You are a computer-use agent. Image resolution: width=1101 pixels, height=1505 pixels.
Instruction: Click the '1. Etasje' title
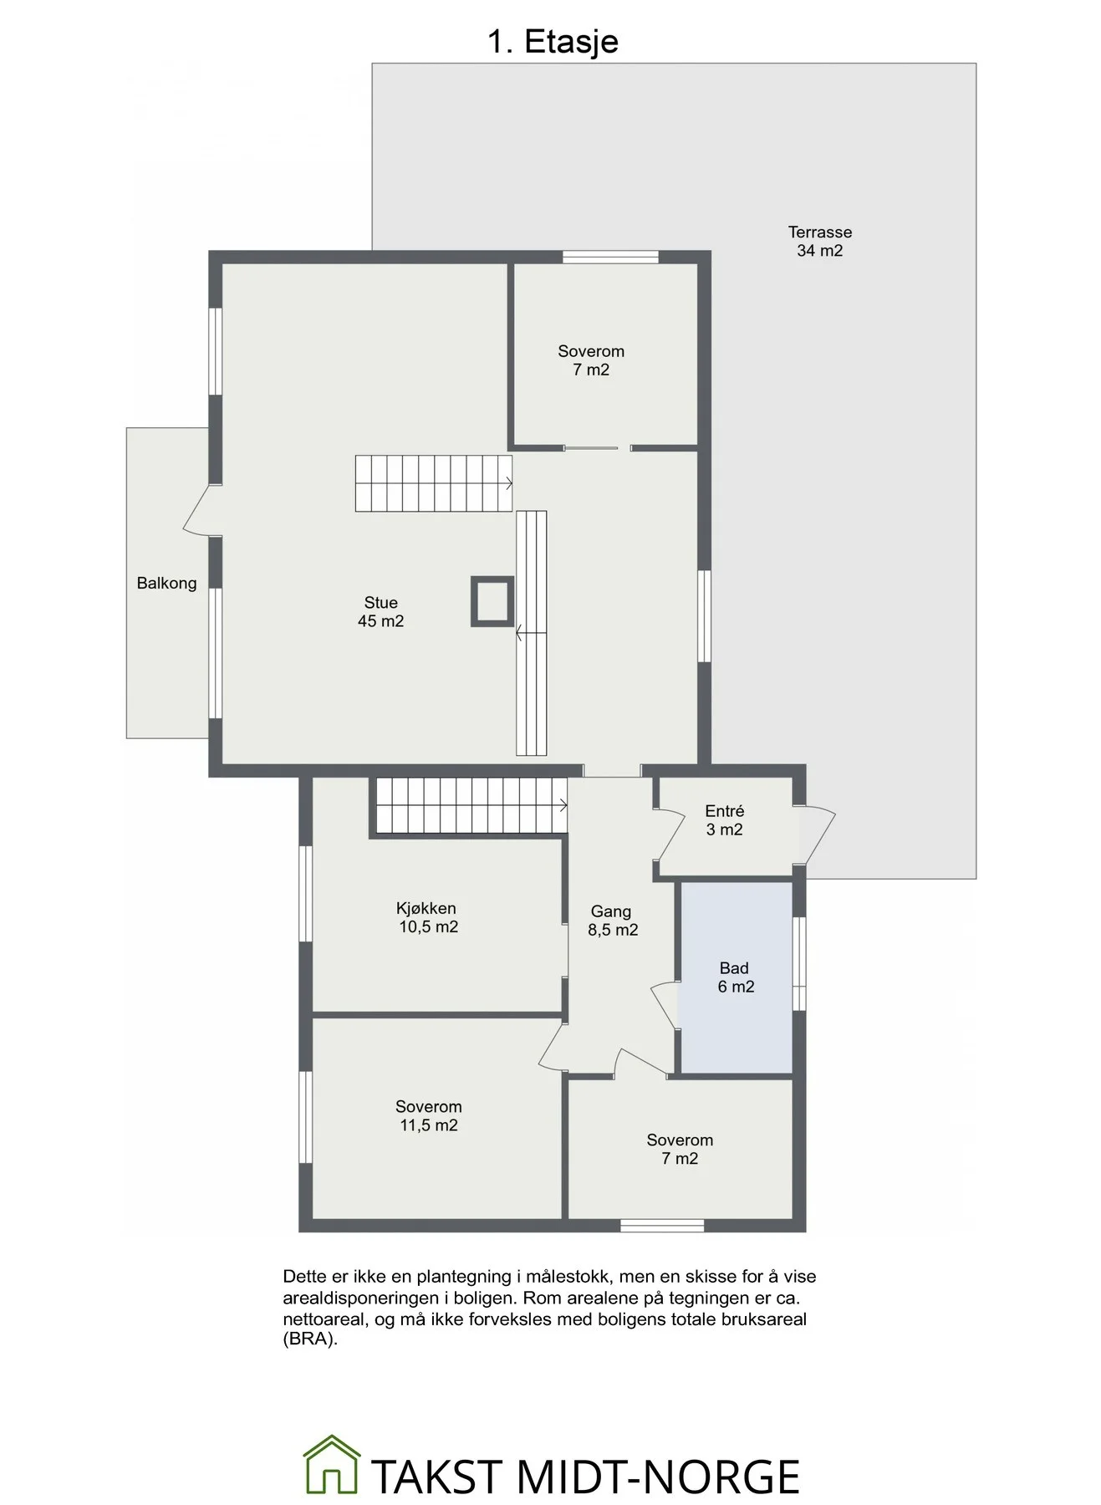point(553,42)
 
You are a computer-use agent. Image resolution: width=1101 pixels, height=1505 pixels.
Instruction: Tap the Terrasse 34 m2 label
point(819,242)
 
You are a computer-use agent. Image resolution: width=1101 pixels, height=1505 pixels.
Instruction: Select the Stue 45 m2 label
point(380,612)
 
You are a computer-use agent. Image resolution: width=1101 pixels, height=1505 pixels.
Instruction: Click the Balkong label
point(166,584)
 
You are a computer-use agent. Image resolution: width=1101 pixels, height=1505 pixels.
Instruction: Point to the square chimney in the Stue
point(492,601)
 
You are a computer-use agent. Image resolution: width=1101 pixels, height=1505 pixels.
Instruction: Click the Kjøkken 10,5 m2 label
point(427,917)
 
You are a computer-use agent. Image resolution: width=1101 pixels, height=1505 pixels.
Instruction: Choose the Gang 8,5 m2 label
point(612,921)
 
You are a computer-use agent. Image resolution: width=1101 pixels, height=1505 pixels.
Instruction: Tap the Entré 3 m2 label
point(724,820)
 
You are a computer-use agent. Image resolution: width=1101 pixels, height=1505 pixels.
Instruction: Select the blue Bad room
point(736,977)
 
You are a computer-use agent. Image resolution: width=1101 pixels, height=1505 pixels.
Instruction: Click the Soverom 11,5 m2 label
point(428,1116)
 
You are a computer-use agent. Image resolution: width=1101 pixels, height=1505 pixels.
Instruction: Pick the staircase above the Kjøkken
point(471,805)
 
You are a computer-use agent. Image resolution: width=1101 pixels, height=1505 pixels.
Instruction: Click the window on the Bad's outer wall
point(799,964)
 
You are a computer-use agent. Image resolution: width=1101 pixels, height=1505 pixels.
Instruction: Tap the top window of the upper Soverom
point(610,257)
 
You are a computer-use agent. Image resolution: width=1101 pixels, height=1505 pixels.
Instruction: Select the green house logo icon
point(332,1464)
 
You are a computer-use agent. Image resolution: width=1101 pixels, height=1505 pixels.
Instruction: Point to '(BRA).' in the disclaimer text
point(310,1339)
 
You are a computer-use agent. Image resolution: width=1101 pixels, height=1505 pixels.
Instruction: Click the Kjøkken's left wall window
point(306,894)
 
